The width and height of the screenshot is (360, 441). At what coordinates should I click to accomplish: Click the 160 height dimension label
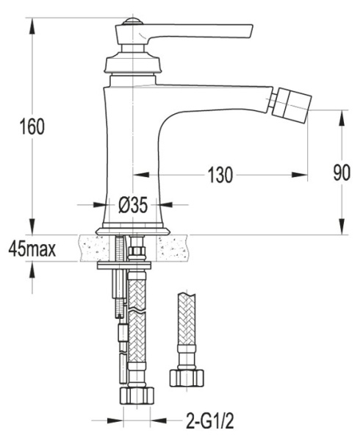pos(32,126)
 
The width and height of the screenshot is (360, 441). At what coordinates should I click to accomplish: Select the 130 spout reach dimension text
pos(219,175)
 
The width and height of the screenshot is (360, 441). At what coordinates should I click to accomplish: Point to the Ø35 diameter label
pos(133,206)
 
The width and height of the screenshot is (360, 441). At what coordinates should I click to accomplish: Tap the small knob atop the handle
pos(132,21)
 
